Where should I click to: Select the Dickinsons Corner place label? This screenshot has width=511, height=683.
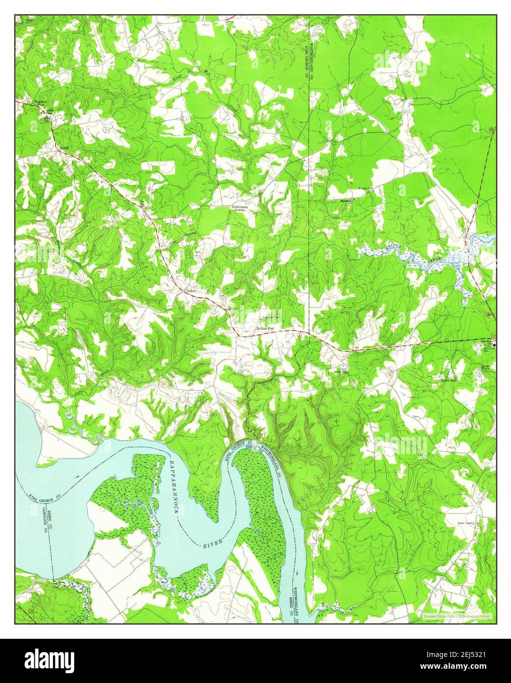point(242,208)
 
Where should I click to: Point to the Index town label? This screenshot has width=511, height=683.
point(191,291)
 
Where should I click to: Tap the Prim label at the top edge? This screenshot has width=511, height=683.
point(229,22)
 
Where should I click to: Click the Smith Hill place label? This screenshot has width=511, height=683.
point(449,380)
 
